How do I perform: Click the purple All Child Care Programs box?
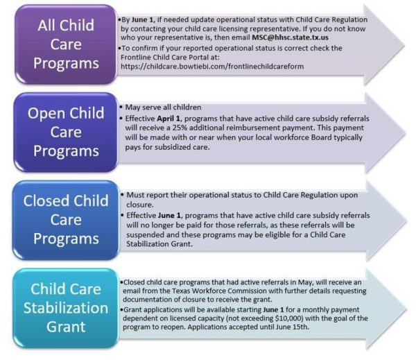tap(66, 44)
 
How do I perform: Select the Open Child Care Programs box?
tap(66, 132)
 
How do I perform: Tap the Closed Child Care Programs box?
tap(66, 220)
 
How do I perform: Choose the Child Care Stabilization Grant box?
tap(66, 308)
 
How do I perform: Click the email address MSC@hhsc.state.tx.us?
tap(290, 37)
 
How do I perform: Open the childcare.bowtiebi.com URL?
tap(212, 67)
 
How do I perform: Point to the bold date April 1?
tap(168, 119)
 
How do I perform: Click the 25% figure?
tap(180, 128)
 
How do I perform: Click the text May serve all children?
tap(163, 108)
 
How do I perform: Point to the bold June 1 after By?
tap(142, 20)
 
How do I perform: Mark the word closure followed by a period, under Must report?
tap(140, 205)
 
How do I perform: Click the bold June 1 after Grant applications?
tap(274, 310)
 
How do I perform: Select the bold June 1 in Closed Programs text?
tap(170, 215)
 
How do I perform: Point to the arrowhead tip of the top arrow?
tap(405, 44)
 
